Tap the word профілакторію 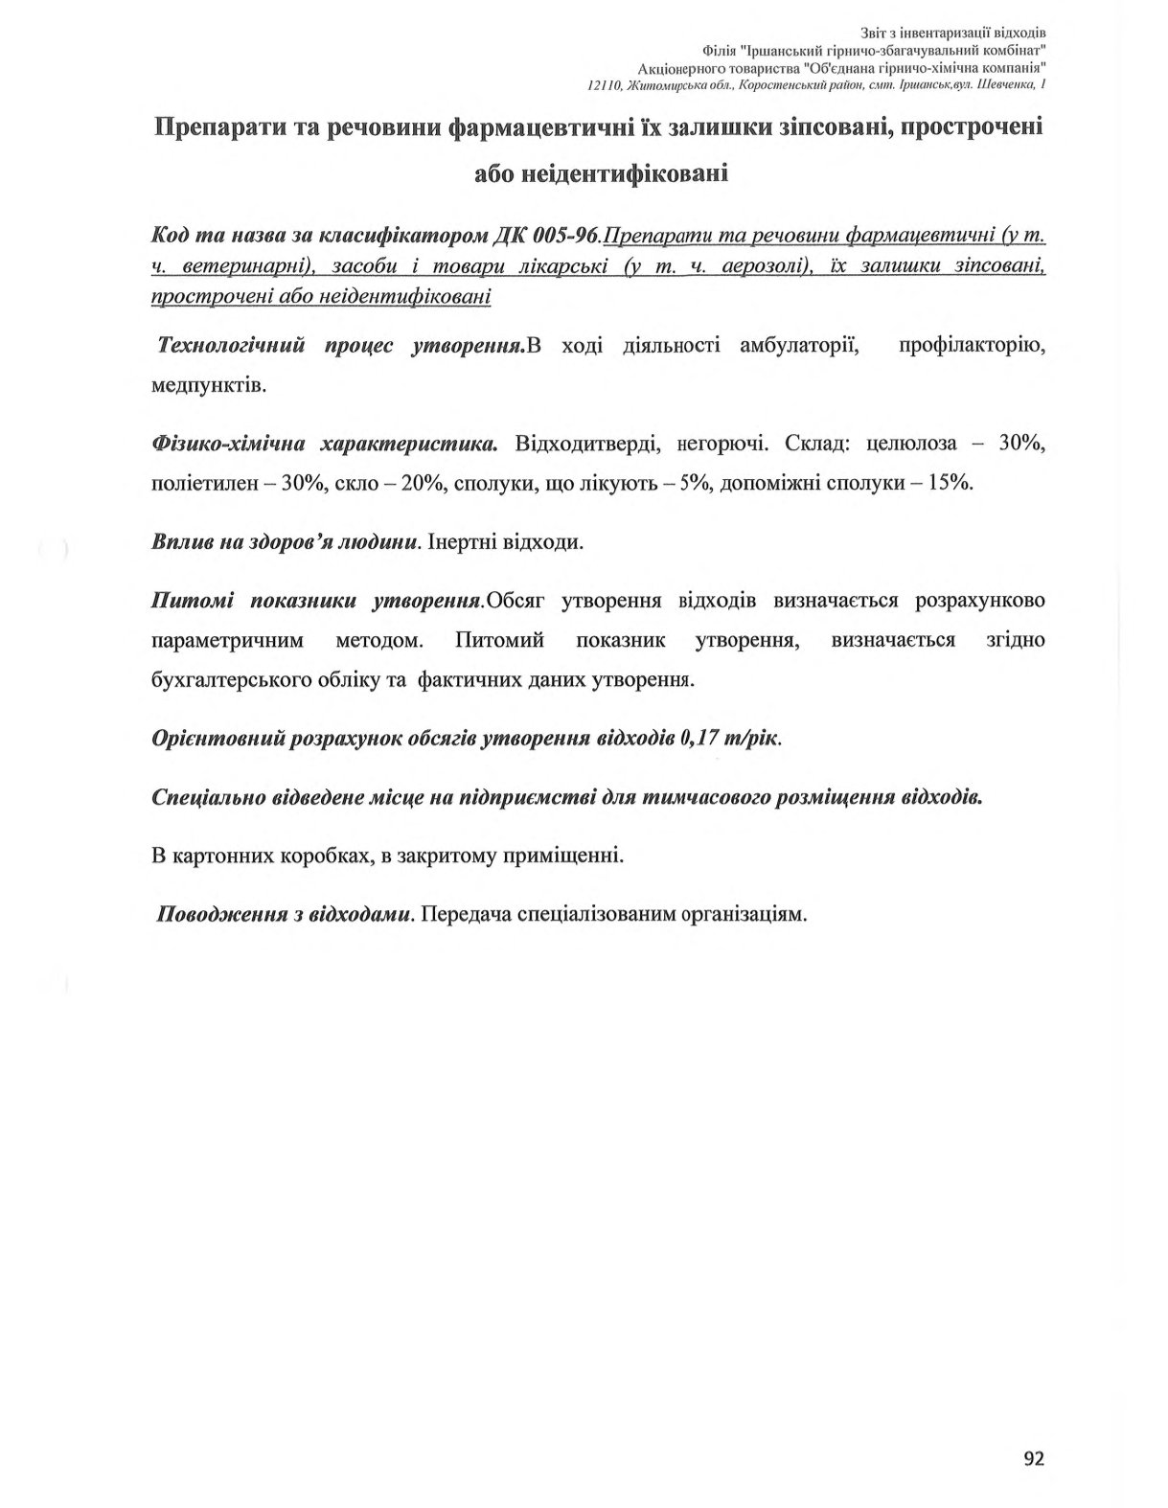972,345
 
